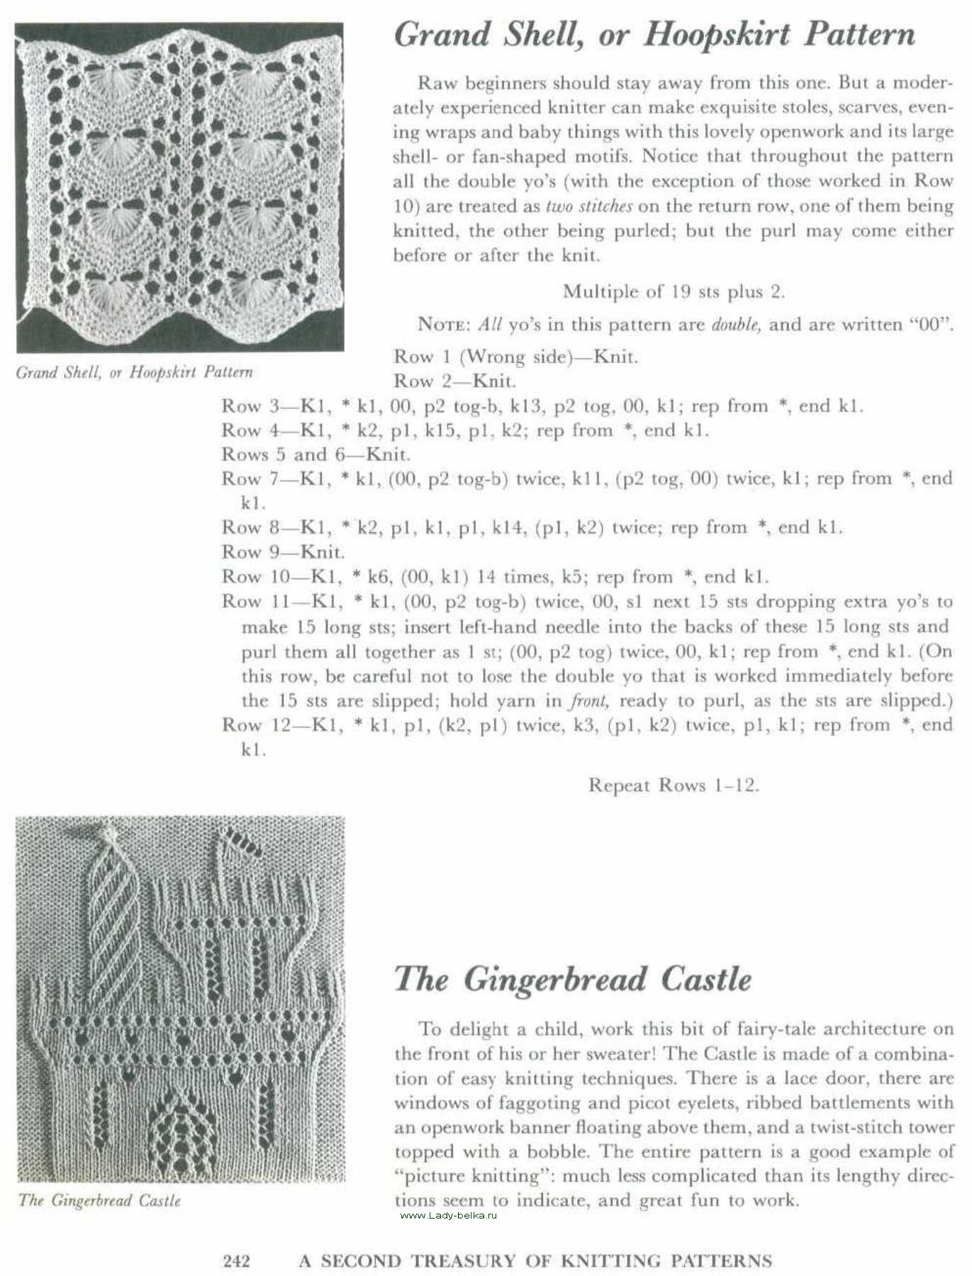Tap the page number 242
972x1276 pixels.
pos(237,1261)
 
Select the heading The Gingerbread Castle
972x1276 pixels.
pos(572,980)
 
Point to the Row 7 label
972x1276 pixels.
pos(246,479)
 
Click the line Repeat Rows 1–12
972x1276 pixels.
pos(673,785)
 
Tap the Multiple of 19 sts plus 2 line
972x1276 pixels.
pos(673,291)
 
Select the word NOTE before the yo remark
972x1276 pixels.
pos(442,325)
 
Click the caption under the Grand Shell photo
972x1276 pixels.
pos(134,372)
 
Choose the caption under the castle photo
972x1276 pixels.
pos(100,1201)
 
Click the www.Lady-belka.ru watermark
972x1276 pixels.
pos(448,1216)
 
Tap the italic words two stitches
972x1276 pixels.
pos(588,206)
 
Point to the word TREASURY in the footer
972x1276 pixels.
pos(481,1261)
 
